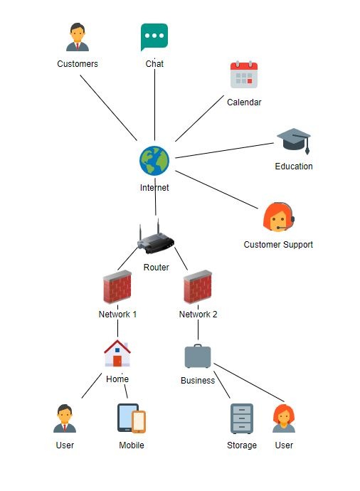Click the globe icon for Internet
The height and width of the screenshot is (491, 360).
click(x=154, y=161)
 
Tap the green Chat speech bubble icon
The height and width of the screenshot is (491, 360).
click(x=154, y=37)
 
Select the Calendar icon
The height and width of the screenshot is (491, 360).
click(x=244, y=75)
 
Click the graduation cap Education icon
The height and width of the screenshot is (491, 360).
click(x=294, y=141)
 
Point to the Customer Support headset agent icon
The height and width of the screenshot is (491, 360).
click(x=279, y=217)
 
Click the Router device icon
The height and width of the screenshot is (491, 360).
click(x=156, y=237)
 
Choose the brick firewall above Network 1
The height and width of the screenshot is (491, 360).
click(x=117, y=287)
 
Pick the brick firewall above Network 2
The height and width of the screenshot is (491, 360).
click(x=198, y=287)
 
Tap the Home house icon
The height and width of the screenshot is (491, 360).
click(x=117, y=353)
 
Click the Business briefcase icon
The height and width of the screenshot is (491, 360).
click(x=198, y=356)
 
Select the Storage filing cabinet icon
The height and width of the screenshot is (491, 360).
click(x=242, y=418)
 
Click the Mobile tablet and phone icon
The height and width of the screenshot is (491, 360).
click(x=132, y=418)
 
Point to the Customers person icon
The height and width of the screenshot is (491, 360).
click(x=78, y=37)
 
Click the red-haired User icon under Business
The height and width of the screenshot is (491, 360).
click(x=284, y=418)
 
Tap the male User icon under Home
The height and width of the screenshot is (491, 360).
click(x=65, y=418)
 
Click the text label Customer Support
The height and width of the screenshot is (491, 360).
click(x=278, y=245)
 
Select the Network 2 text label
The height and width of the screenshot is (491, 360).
click(x=198, y=314)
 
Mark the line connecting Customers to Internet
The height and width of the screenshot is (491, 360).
click(x=108, y=107)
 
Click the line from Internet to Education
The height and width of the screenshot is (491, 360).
click(x=224, y=150)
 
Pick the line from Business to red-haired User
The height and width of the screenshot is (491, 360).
click(x=249, y=383)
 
